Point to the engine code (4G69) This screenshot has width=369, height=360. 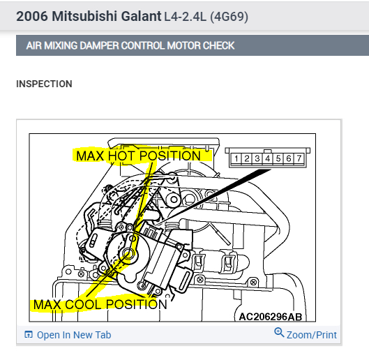225,15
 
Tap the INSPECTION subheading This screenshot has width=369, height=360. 44,84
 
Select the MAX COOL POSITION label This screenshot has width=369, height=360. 100,304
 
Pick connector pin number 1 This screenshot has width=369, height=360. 237,159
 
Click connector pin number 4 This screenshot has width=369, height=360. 269,159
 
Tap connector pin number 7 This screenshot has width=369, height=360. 299,159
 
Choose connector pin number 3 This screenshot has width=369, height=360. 258,159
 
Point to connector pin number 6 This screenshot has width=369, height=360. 289,159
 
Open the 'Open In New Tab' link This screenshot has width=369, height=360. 74,335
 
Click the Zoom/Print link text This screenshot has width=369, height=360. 312,335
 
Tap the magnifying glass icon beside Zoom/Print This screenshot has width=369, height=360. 279,333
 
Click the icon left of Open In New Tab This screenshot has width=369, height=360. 29,335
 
